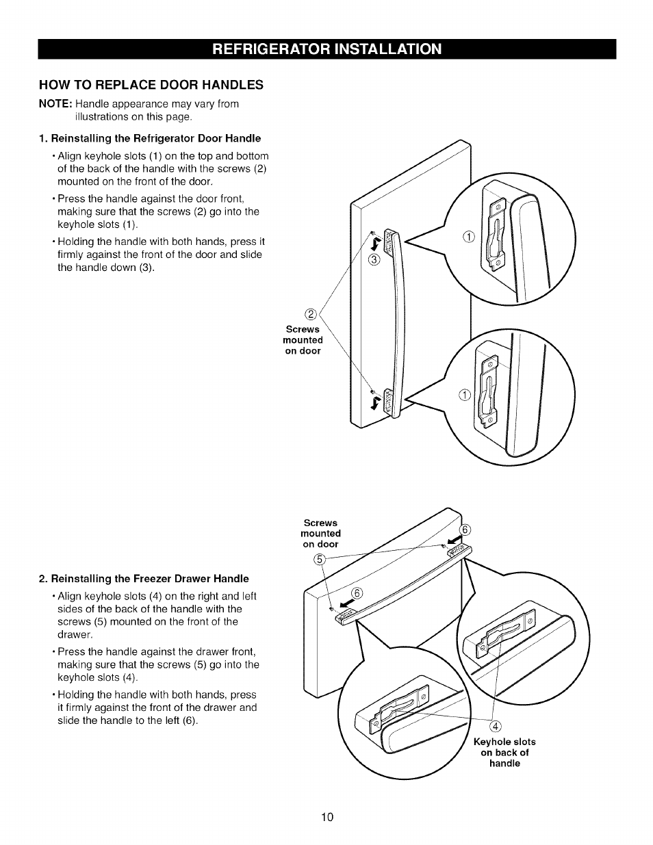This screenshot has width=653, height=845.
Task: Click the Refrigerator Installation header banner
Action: tap(326, 49)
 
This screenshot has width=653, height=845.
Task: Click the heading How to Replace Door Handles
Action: tap(151, 85)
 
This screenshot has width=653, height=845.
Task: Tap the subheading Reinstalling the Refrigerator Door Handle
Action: tap(150, 138)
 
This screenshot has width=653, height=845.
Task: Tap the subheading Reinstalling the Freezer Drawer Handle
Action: tap(144, 579)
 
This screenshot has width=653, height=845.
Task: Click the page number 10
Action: tap(326, 817)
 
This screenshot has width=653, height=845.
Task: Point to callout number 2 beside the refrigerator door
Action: tap(311, 315)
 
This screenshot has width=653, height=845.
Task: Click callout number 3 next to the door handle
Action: tap(373, 259)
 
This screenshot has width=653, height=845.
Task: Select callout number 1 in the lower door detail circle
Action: tap(465, 393)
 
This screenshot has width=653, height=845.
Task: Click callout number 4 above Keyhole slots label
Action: tap(496, 726)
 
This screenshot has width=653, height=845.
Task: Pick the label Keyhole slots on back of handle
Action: tap(504, 753)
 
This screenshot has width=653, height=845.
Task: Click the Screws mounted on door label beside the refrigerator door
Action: tap(303, 340)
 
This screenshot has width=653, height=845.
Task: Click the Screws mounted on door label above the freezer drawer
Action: tap(320, 534)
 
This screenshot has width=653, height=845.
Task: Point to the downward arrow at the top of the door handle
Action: tap(374, 244)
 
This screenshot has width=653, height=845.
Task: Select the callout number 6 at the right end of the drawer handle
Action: tap(465, 530)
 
